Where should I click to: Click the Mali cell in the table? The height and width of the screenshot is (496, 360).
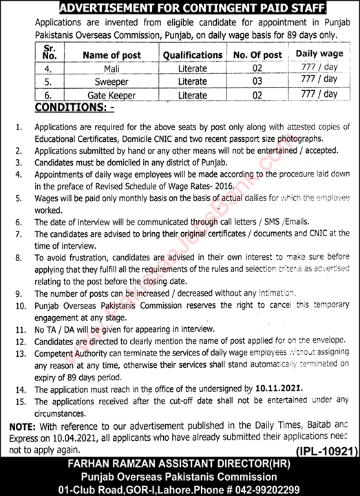112,69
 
